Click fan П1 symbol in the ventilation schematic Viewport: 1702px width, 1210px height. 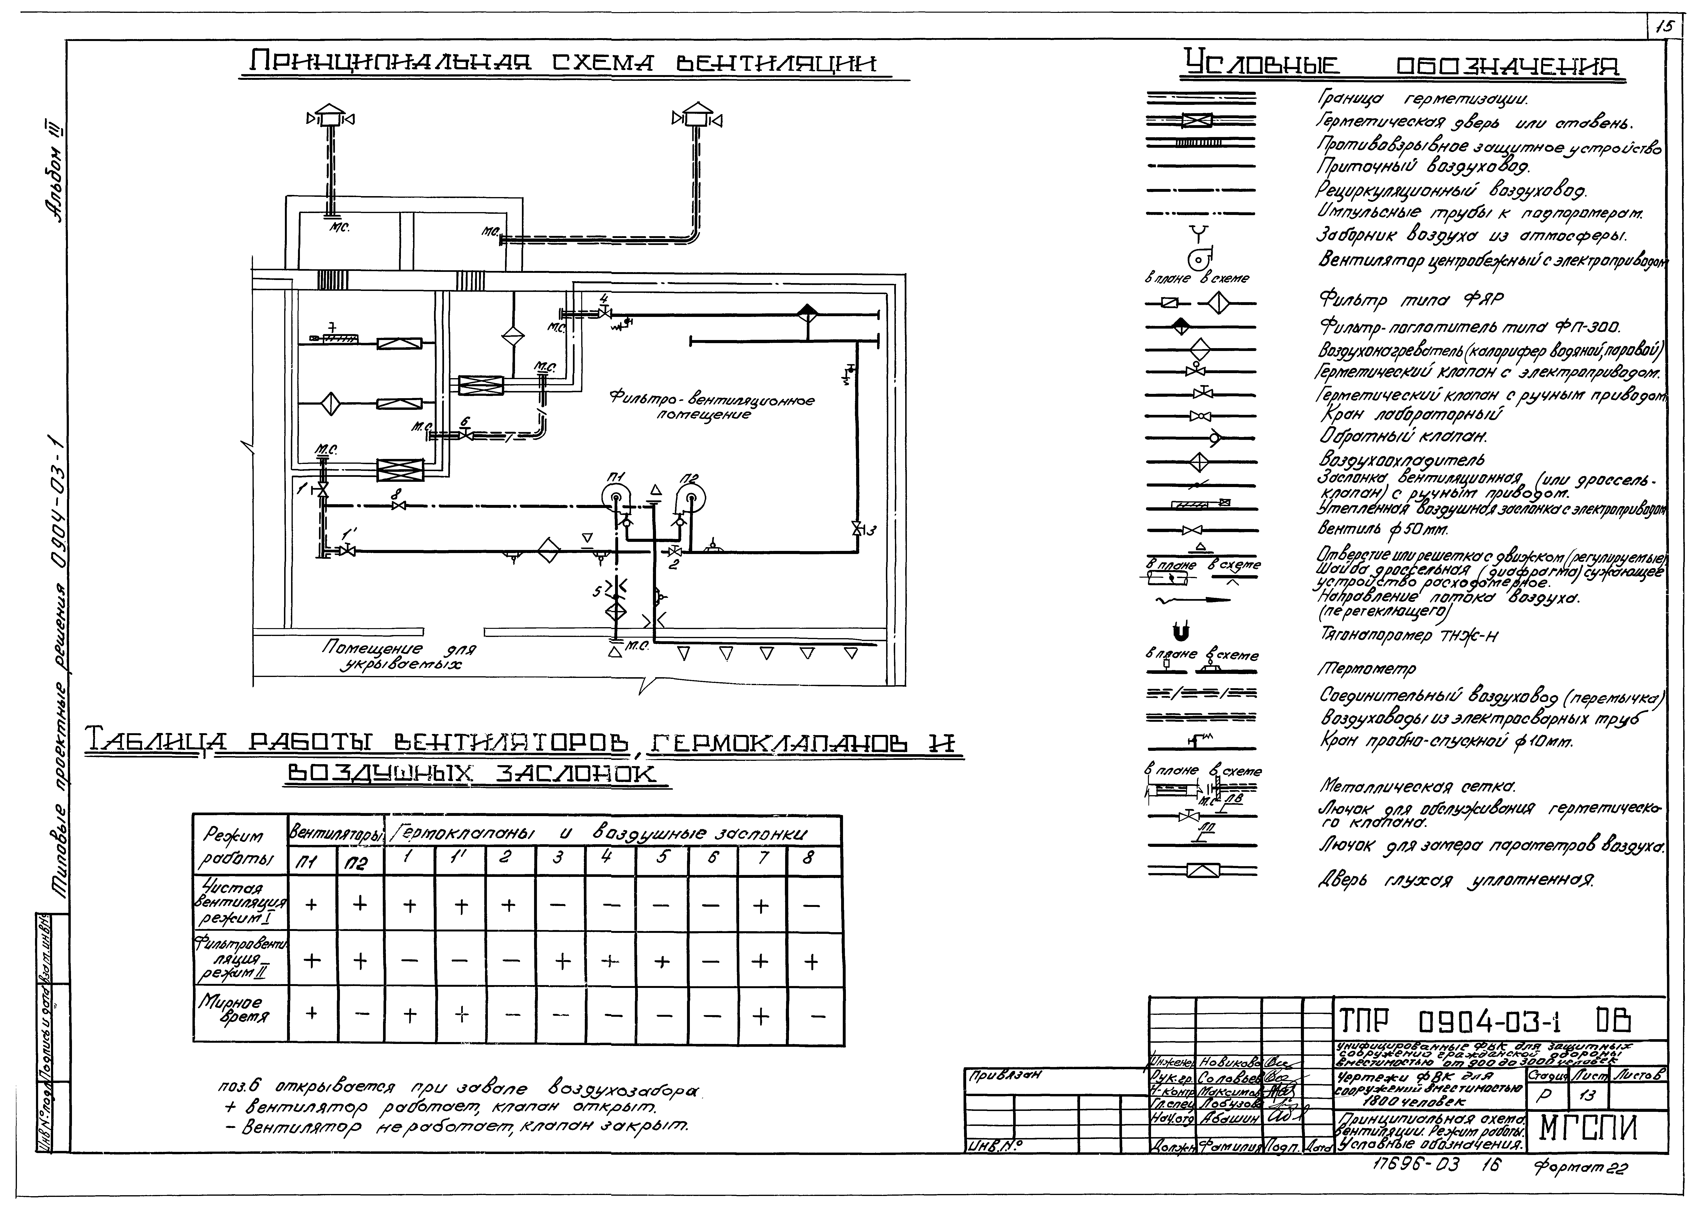(x=615, y=498)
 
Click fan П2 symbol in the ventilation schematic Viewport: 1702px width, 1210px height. (x=691, y=498)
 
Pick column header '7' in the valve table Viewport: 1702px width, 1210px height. (x=761, y=858)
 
